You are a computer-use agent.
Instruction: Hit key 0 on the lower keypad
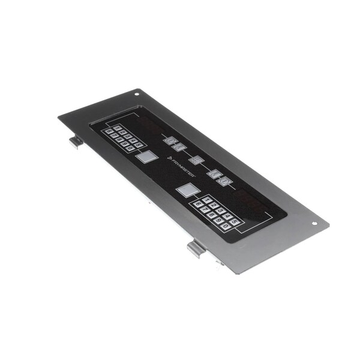point(226,227)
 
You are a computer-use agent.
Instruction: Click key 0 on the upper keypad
point(130,148)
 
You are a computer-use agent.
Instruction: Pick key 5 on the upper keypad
point(138,144)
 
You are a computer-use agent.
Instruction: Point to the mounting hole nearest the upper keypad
point(136,93)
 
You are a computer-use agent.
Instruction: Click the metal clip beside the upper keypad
point(76,142)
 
